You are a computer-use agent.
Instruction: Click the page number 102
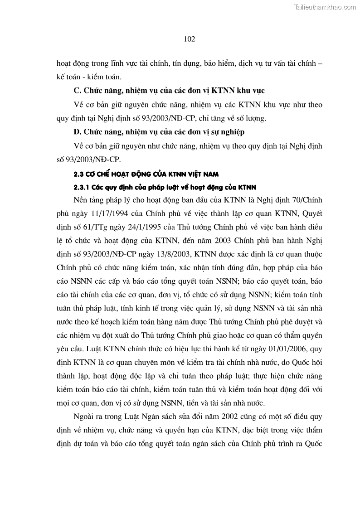coord(190,39)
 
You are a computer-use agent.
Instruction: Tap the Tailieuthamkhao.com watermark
coord(325,7)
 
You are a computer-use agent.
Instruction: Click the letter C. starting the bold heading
coord(77,91)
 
